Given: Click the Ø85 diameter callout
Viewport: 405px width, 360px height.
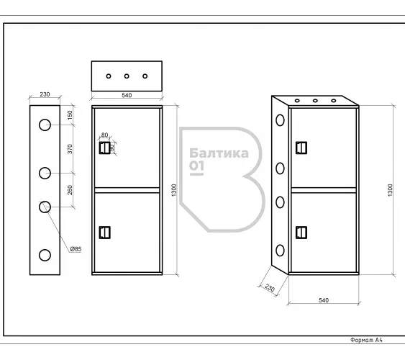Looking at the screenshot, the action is click(x=76, y=249).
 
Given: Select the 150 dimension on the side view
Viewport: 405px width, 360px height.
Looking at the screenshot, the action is click(x=70, y=115).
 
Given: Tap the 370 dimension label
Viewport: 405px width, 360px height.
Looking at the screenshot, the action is click(x=70, y=149).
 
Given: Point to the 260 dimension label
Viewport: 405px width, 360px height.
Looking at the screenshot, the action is click(x=70, y=190).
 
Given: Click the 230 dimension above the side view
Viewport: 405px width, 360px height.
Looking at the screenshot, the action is click(x=45, y=94).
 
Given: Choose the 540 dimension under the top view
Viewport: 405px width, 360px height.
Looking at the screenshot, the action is click(x=127, y=95).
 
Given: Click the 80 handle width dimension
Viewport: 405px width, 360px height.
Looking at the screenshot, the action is click(x=104, y=135).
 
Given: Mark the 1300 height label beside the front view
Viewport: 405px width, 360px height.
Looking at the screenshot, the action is click(x=174, y=190).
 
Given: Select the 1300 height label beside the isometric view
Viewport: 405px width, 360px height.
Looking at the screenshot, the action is click(x=390, y=190).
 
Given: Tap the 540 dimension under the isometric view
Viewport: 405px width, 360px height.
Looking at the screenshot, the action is click(x=324, y=300).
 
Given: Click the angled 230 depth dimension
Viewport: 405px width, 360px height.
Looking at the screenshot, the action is click(x=270, y=288).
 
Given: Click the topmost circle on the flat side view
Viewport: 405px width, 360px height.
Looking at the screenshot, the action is click(x=45, y=125).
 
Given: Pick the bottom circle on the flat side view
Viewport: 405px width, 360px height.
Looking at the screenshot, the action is click(x=45, y=256).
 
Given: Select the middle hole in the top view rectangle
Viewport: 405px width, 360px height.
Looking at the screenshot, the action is click(x=127, y=76).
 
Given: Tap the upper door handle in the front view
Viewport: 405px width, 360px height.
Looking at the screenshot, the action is click(x=104, y=148).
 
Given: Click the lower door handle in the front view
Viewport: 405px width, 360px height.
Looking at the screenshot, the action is click(x=104, y=233).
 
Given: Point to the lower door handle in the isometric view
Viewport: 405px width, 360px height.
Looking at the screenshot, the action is click(x=301, y=233).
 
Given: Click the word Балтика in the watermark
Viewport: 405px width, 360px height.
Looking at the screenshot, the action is click(x=219, y=153).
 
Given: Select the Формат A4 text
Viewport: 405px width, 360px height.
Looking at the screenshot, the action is click(x=366, y=340).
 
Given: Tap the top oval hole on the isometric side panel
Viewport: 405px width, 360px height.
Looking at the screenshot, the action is click(x=280, y=120).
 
